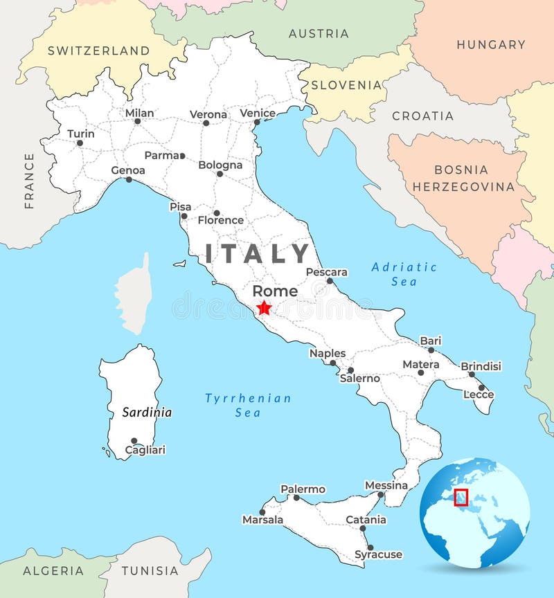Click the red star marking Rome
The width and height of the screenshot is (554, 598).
[x=264, y=308]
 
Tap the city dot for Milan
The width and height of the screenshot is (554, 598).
[x=137, y=121]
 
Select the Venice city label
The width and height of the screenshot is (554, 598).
[x=258, y=113]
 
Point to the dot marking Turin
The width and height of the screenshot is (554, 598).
[x=80, y=143]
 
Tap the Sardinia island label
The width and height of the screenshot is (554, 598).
[x=147, y=413]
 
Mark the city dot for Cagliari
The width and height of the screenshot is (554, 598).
[x=134, y=440]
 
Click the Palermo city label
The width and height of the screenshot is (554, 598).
[x=303, y=489]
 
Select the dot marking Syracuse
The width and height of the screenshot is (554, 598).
[x=370, y=547]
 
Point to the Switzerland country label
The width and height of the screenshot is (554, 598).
[x=98, y=51]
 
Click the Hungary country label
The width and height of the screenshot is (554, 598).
[x=491, y=44]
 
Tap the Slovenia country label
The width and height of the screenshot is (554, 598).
[x=346, y=85]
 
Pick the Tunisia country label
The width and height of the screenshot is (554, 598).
[x=150, y=571]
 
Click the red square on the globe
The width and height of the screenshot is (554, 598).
[x=461, y=498]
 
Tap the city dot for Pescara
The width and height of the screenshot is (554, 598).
[x=330, y=281]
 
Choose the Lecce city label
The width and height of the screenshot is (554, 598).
[x=479, y=395]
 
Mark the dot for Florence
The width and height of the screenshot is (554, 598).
[x=216, y=213]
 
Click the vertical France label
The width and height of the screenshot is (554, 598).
[x=29, y=181]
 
